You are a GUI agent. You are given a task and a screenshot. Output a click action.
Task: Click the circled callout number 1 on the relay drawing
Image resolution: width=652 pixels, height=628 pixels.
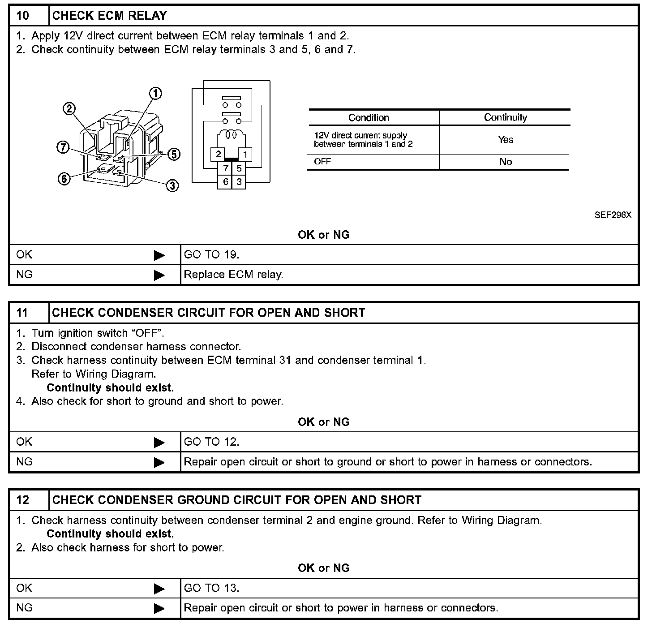155,93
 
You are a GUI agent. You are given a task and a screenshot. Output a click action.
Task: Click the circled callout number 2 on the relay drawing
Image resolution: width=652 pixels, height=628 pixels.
69,109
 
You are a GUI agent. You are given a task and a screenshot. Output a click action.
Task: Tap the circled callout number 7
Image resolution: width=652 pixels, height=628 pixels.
63,147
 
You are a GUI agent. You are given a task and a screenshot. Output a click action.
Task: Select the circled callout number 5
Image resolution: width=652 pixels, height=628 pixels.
174,154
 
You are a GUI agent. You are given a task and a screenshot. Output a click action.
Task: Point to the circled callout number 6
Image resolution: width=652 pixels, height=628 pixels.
64,179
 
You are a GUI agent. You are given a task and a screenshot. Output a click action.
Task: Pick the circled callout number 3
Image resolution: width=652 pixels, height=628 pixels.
172,185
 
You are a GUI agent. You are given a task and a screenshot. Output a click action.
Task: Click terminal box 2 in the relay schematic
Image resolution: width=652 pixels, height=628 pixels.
219,155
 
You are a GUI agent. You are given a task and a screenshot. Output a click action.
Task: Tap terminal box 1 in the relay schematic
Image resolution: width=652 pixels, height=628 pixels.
245,155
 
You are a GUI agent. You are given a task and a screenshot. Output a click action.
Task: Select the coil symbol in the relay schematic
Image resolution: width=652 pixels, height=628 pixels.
232,134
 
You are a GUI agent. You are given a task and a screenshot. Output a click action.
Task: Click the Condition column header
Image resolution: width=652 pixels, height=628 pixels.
369,118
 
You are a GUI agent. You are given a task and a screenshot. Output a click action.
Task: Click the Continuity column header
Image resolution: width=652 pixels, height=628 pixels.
505,117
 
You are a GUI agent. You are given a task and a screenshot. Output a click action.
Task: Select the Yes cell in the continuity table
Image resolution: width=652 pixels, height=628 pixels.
505,140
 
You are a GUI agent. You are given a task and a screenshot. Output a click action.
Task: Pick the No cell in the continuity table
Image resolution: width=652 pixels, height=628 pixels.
505,162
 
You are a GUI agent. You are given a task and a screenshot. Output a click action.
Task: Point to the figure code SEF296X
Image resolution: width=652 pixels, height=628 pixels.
613,215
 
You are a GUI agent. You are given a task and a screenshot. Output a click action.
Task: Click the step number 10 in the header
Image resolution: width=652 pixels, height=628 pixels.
23,16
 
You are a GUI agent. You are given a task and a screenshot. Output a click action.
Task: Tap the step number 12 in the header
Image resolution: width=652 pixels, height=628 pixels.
23,500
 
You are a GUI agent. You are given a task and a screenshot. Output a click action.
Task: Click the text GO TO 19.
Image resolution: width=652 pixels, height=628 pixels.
211,255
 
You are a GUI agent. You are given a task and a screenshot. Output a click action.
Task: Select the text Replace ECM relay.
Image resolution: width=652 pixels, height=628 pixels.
233,275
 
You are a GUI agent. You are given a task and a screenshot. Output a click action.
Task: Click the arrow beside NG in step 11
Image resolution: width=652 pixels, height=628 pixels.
159,462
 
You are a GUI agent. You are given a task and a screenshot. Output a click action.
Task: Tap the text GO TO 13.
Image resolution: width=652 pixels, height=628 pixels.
211,588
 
